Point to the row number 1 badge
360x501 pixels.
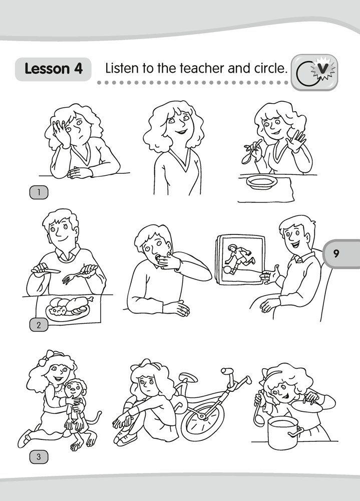click(39, 192)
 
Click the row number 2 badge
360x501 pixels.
click(39, 325)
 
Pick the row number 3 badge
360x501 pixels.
click(39, 457)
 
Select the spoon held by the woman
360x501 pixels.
click(250, 153)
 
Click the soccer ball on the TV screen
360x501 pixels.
click(227, 270)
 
